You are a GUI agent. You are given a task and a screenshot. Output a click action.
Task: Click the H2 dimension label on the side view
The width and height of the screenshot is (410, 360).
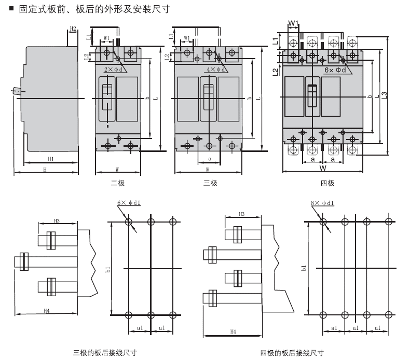tap(73, 28)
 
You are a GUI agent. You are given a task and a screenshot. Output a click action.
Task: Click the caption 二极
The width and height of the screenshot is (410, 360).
tap(118, 183)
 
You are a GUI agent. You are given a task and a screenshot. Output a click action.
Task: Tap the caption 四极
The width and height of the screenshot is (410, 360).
tap(327, 183)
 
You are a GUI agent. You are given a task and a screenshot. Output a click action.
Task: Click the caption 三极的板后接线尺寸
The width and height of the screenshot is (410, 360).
tap(105, 353)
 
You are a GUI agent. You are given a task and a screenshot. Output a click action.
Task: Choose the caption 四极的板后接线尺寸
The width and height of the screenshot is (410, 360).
tap(292, 353)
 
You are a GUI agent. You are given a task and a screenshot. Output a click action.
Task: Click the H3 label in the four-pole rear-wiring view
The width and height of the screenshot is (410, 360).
tap(242, 214)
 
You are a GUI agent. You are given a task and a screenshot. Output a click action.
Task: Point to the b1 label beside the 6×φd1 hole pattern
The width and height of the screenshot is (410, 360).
tap(107, 268)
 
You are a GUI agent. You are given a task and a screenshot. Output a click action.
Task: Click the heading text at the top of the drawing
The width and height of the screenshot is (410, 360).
tap(91, 9)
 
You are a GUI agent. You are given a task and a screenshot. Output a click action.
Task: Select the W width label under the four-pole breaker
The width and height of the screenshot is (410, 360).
tap(323, 168)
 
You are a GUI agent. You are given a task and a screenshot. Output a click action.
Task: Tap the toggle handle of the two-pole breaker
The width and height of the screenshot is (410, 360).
tap(107, 96)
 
